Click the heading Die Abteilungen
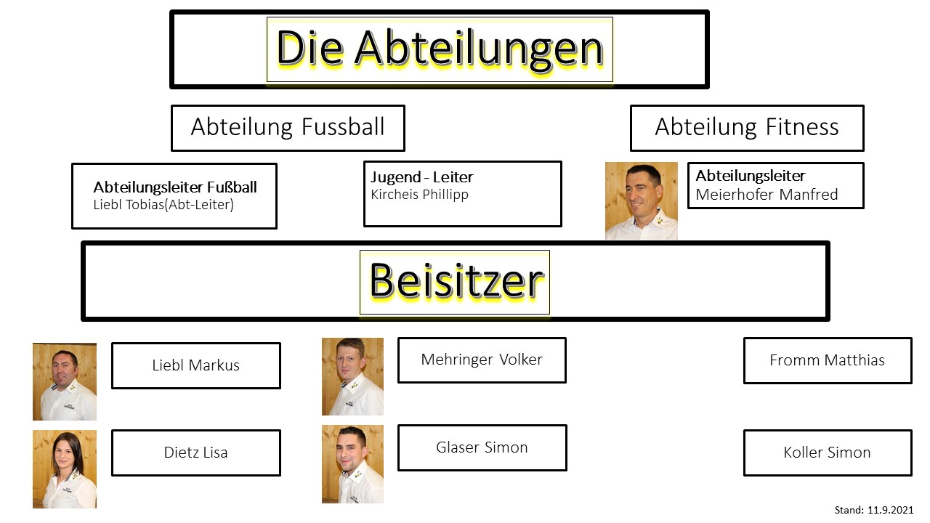pos(440,48)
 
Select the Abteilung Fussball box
pos(288,128)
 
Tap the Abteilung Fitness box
pos(747,128)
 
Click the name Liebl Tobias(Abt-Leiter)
pos(163,205)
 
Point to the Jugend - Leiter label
pos(422,177)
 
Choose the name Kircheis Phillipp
pos(419,194)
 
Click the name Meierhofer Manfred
pos(767,194)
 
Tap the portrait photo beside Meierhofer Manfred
pos(642,200)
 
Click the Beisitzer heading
pos(456,281)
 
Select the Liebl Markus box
pos(196,365)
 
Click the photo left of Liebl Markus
pos(65,381)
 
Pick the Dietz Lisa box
pos(196,453)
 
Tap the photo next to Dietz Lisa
pos(65,469)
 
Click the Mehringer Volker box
pos(482,360)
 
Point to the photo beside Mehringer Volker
pos(353,376)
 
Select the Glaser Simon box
pos(482,447)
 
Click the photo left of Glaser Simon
pos(353,464)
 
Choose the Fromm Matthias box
pos(828,360)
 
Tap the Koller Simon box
pos(828,453)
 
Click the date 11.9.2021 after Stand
pos(891,510)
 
